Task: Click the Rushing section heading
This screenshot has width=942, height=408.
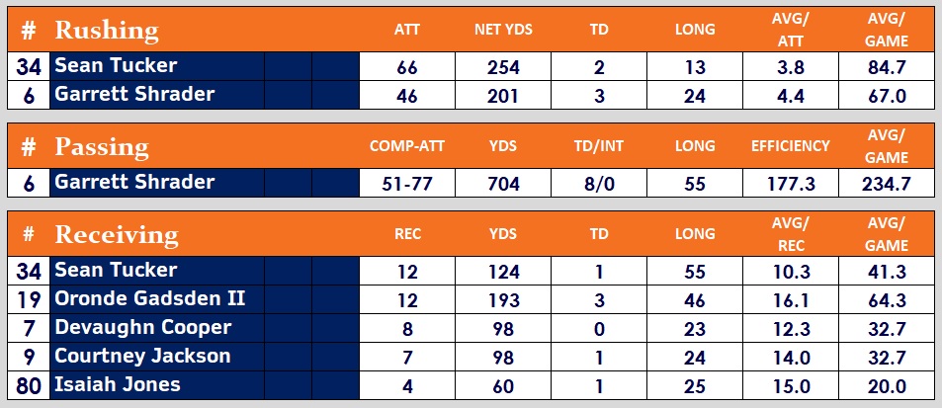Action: coord(106,30)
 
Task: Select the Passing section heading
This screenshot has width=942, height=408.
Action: coord(101,147)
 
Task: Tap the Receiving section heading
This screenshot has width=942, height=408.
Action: coord(117,234)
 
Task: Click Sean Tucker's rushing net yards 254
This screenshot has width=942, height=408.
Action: coord(503,67)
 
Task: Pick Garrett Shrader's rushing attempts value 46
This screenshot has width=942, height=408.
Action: coord(406,95)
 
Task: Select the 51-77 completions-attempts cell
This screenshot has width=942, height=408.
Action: coord(406,182)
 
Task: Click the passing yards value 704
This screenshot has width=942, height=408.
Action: coord(503,182)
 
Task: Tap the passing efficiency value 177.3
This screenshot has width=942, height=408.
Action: coord(790,182)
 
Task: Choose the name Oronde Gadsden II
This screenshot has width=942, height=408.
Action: coord(150,297)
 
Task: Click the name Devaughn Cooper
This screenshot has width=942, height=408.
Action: coord(143,326)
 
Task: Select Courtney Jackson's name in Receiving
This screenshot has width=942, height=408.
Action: coord(142,355)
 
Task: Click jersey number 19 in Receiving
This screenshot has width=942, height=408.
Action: coord(28,298)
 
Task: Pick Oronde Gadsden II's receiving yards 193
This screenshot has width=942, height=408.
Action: coord(503,298)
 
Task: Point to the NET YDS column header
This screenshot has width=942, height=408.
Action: coord(503,30)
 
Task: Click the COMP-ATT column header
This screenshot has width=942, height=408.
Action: coord(406,146)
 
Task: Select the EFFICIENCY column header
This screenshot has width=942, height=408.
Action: coord(790,146)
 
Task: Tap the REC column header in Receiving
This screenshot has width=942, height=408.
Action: coord(406,235)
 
